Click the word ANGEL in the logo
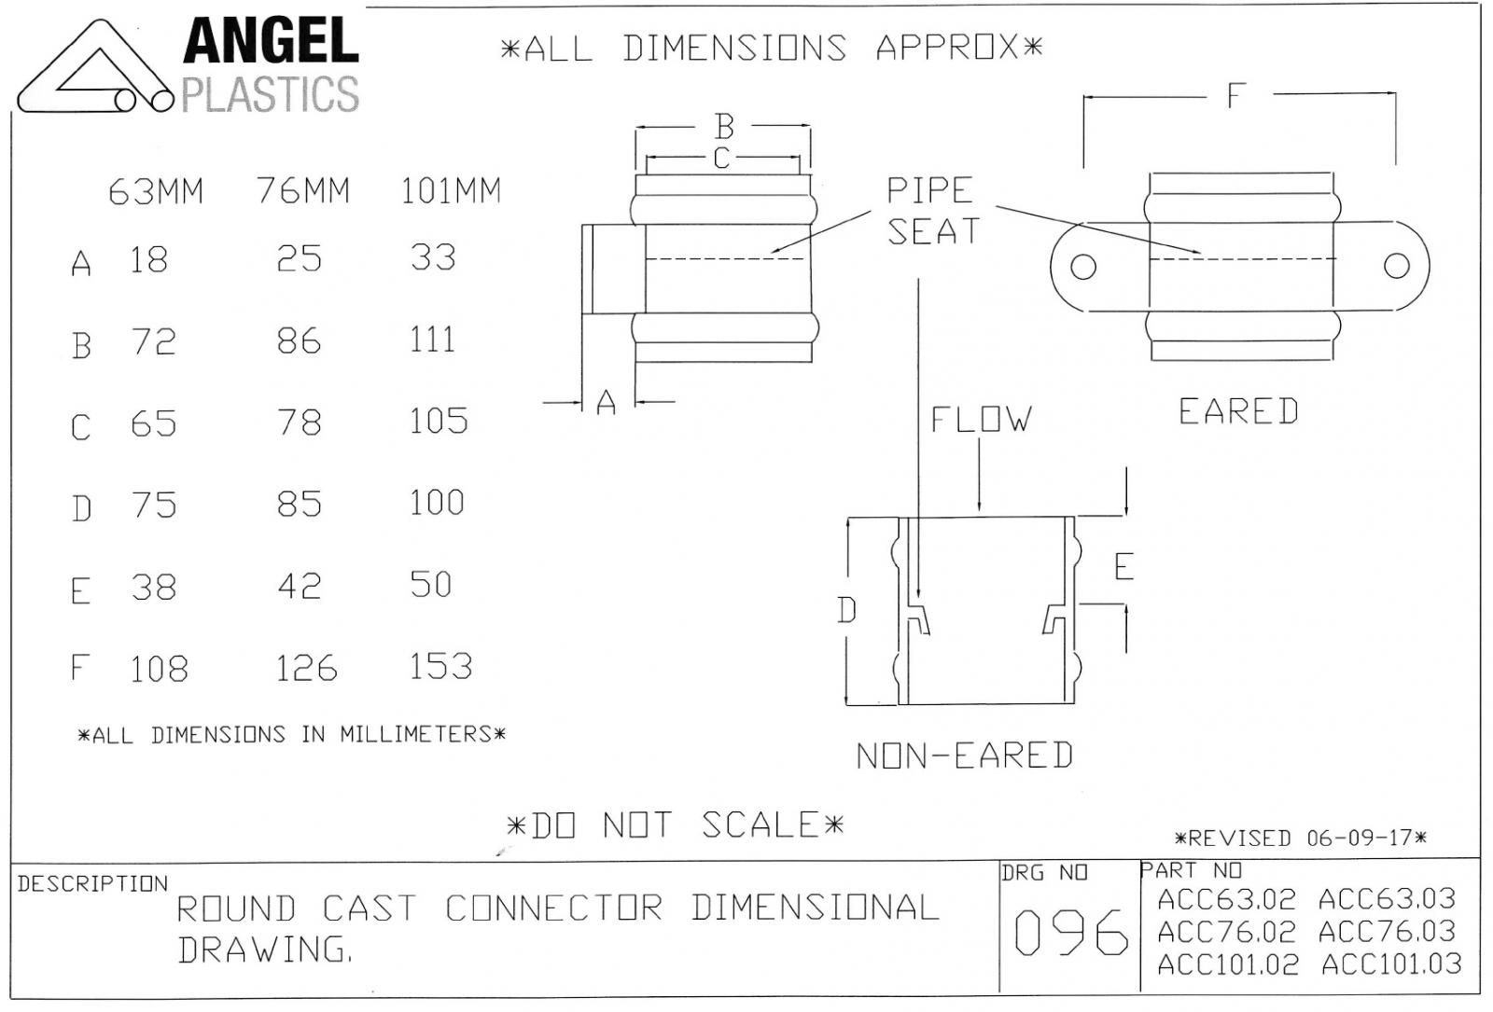coord(271,41)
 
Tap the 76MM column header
coord(303,190)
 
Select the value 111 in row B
coord(432,340)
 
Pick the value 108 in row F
coord(159,669)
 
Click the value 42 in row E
coord(300,587)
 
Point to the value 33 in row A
coord(433,257)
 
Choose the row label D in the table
coord(81,509)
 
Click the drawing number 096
coord(1071,932)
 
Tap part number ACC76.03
coord(1387,932)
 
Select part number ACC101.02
coord(1228,964)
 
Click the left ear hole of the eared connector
coord(1083,267)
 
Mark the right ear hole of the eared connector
coord(1396,266)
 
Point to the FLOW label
coord(981,419)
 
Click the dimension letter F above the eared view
coord(1236,96)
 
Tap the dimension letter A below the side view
coord(606,402)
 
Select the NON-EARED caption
coord(965,756)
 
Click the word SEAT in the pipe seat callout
coord(933,232)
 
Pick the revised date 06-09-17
coord(1359,838)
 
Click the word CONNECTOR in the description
coord(554,908)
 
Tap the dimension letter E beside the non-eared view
coord(1123,567)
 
